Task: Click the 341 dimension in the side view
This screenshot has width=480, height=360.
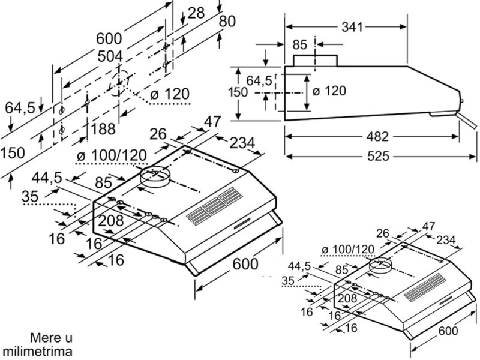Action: [352, 27]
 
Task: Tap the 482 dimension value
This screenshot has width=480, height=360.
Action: [377, 137]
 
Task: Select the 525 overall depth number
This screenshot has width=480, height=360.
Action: [379, 157]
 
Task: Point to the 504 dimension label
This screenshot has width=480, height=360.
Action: [110, 56]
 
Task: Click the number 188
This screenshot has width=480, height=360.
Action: [103, 129]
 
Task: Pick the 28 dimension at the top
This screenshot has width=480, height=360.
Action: [196, 13]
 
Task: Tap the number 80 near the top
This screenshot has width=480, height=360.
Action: [227, 22]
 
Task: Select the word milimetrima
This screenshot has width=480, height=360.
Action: [37, 352]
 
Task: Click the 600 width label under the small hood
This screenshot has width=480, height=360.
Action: [448, 331]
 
